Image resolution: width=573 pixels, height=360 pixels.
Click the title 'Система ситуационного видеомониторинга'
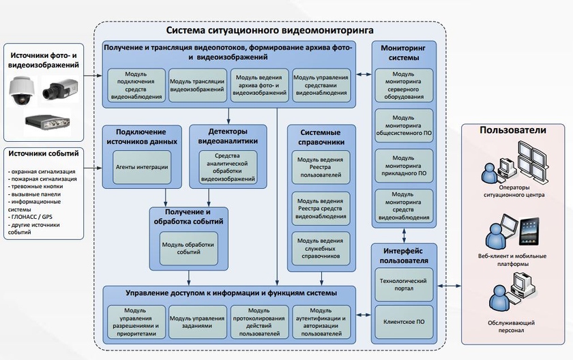(x=270, y=31)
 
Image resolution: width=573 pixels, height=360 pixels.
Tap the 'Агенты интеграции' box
(x=141, y=166)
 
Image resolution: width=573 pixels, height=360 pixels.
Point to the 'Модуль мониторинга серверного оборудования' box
(x=403, y=85)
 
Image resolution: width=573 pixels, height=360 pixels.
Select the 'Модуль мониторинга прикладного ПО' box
(x=403, y=164)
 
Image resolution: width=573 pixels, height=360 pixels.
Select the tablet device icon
(x=531, y=231)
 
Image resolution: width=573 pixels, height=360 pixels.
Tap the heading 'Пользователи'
(x=513, y=130)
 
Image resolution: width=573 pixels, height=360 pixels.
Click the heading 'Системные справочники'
(x=319, y=136)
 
